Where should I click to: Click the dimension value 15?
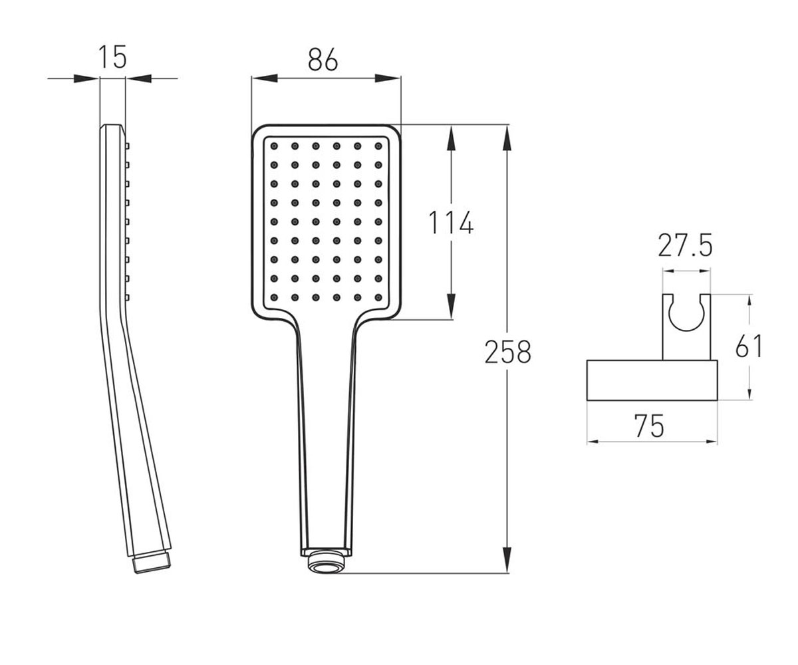pyautogui.click(x=112, y=57)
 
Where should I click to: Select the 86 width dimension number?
pyautogui.click(x=323, y=60)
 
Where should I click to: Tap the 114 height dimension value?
pyautogui.click(x=451, y=222)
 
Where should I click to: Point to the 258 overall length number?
pyautogui.click(x=508, y=352)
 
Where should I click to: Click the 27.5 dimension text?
pyautogui.click(x=685, y=246)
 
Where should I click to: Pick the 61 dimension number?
pyautogui.click(x=749, y=346)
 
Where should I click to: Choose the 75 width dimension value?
pyautogui.click(x=649, y=426)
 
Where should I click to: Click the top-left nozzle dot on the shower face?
pyautogui.click(x=274, y=146)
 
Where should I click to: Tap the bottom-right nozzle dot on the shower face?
pyautogui.click(x=378, y=297)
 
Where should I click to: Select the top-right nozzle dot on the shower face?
pyautogui.click(x=378, y=146)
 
